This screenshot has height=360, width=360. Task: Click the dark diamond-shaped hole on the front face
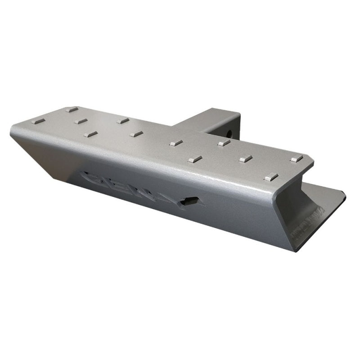(192, 202)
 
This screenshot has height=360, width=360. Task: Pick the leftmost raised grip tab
(40, 121)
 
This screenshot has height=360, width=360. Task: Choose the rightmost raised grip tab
(296, 159)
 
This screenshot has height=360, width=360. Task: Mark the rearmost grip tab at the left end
(72, 109)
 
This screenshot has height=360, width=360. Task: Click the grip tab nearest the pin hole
(224, 143)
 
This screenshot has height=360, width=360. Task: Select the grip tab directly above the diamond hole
(194, 159)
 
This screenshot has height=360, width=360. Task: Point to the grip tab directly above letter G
(90, 134)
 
